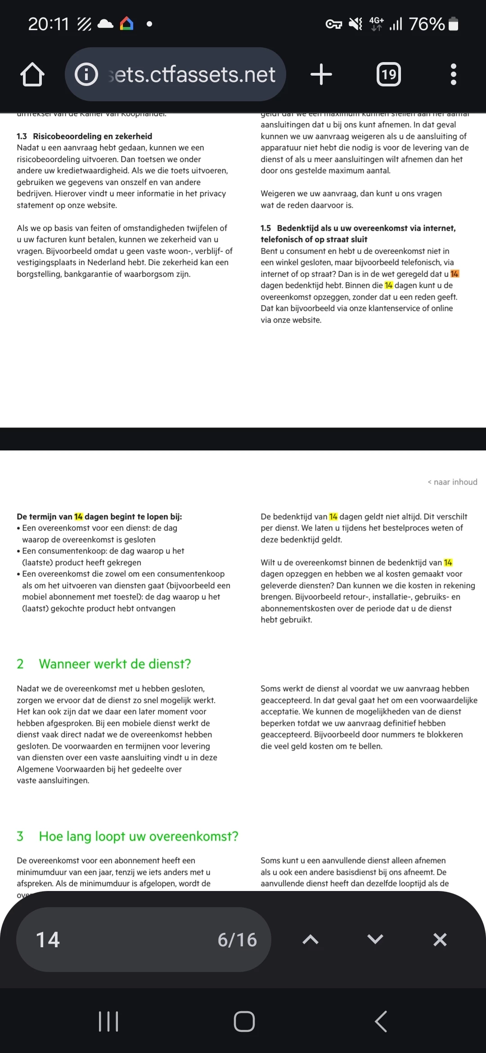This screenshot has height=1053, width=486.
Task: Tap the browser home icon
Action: click(x=32, y=74)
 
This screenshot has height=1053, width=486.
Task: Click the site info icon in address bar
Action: click(x=86, y=74)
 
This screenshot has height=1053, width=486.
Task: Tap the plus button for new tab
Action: click(x=321, y=74)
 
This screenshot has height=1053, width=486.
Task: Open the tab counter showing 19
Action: click(x=388, y=74)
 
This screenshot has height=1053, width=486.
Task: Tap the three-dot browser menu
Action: click(x=453, y=74)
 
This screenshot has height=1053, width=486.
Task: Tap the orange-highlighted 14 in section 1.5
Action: click(x=454, y=274)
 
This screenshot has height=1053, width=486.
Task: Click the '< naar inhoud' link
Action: click(x=452, y=482)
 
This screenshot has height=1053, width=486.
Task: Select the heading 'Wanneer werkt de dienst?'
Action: click(x=115, y=664)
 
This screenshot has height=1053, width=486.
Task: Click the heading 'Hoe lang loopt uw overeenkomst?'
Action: click(x=138, y=836)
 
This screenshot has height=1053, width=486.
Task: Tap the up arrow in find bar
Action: click(x=310, y=940)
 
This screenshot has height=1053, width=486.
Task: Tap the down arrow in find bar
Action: click(x=375, y=940)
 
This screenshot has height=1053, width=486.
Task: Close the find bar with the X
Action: click(x=440, y=940)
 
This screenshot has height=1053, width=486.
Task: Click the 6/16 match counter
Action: click(x=237, y=940)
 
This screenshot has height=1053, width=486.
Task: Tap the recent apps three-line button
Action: click(x=108, y=1021)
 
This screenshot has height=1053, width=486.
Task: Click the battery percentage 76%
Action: click(x=427, y=24)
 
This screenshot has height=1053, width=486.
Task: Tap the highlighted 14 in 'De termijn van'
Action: click(x=79, y=517)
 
